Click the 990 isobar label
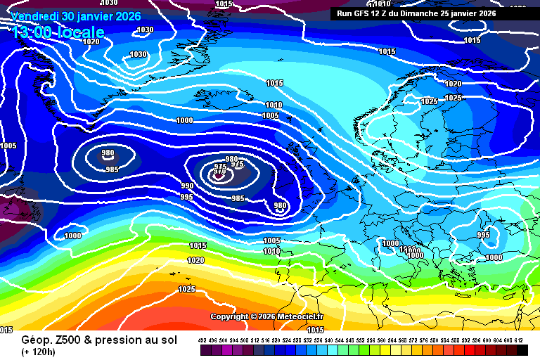click(187, 186)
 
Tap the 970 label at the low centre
click(219, 171)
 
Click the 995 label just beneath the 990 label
click(187, 197)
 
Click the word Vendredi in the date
click(35, 16)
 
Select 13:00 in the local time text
click(32, 32)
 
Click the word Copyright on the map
click(230, 316)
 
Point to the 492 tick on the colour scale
click(202, 340)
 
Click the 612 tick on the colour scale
click(519, 340)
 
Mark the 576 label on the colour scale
click(424, 340)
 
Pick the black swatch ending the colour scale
click(522, 349)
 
